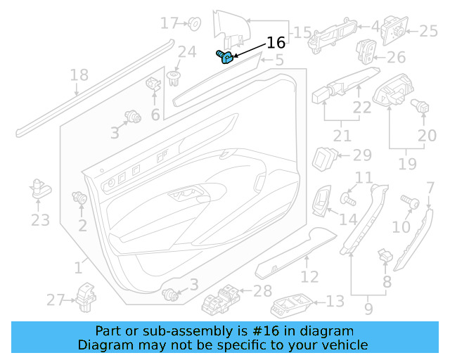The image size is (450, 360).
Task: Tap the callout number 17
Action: pos(170,23)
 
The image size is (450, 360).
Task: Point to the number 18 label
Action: pos(79,75)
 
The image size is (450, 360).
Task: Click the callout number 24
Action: pos(186,51)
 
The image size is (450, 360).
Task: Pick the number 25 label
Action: pos(428,30)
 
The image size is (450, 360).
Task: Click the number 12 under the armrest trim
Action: pos(309,277)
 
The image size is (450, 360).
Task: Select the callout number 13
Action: pos(335,302)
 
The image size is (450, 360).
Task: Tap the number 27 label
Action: pos(56,300)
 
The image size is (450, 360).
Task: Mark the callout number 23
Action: pos(40,221)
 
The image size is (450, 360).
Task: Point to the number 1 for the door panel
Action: pos(78,267)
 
